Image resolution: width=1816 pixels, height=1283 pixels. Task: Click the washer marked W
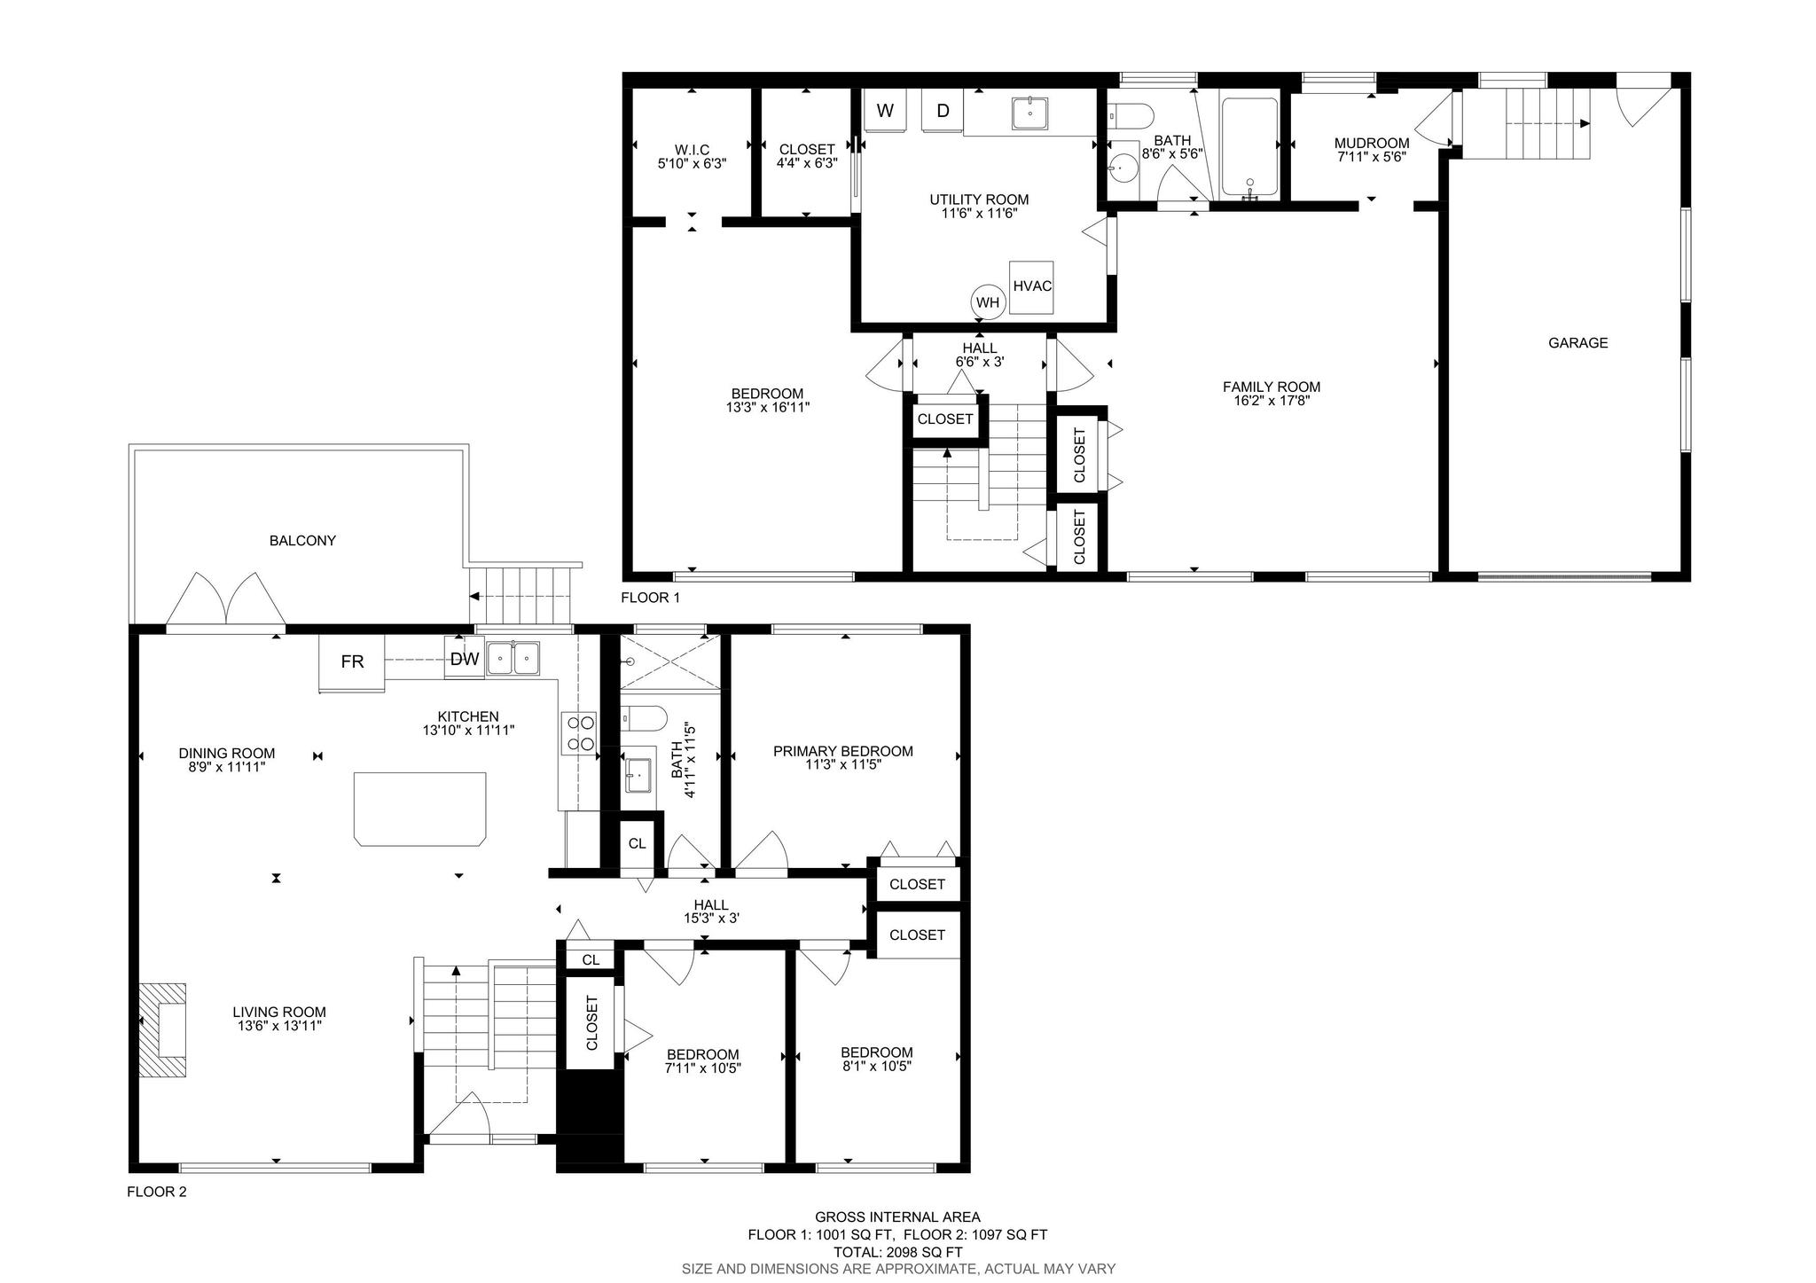885,111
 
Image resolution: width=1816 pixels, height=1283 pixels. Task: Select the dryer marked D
943,111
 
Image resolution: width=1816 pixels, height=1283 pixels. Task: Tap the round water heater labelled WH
988,302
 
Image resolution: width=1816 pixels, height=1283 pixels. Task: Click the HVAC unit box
1031,287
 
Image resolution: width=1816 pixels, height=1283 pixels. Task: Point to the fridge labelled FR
352,661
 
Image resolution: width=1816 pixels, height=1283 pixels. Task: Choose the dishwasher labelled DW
465,659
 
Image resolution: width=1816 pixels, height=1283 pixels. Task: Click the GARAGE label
1577,343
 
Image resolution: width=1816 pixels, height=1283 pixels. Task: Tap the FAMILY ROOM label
1272,387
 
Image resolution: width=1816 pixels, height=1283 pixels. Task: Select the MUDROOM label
1371,144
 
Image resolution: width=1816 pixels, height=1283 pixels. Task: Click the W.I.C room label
692,150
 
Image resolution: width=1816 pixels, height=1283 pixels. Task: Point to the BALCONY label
302,541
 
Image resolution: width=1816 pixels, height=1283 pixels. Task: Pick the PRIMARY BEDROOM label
842,752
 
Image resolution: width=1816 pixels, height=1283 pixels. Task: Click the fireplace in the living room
162,1029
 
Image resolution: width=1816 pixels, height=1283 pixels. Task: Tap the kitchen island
419,810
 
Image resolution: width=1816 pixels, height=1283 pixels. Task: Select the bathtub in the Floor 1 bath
1249,147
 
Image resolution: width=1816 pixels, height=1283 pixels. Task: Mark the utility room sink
1029,113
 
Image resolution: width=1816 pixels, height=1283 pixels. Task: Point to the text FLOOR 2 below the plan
157,1192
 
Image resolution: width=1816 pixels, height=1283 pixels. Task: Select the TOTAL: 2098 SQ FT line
897,1253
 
